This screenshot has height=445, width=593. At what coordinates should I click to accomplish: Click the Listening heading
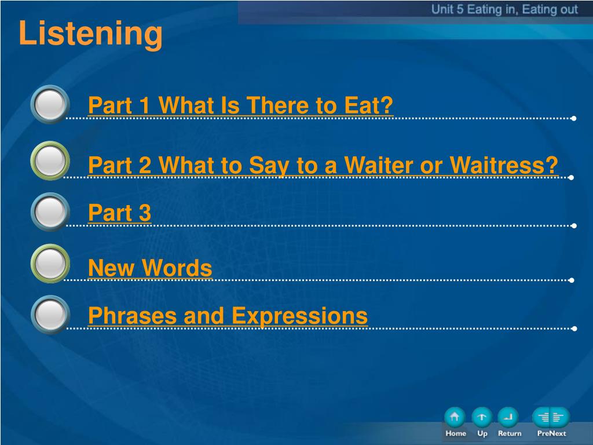point(90,34)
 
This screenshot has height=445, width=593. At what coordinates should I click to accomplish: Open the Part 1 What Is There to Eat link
point(240,105)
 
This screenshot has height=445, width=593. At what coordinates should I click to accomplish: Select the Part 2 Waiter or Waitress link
point(323,166)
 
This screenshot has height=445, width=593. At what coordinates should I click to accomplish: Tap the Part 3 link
point(119,213)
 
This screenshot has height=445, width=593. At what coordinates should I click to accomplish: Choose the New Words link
point(150,268)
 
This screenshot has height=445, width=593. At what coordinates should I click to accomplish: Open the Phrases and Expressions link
point(228,316)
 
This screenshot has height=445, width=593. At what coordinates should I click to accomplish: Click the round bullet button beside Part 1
point(50,104)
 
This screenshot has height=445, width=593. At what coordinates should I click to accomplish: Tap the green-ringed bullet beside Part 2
point(50,161)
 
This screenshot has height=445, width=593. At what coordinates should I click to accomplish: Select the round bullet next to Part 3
point(50,212)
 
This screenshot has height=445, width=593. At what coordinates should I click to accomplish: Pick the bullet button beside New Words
point(50,264)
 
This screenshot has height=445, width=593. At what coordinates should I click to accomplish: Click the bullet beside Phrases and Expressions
point(50,315)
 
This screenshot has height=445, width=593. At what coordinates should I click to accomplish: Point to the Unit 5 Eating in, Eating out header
point(504,9)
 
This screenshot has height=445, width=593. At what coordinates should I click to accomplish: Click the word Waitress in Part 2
point(504,165)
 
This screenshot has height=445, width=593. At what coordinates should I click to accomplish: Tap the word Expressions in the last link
point(299,316)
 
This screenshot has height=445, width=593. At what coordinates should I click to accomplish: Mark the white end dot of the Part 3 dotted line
point(574,226)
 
